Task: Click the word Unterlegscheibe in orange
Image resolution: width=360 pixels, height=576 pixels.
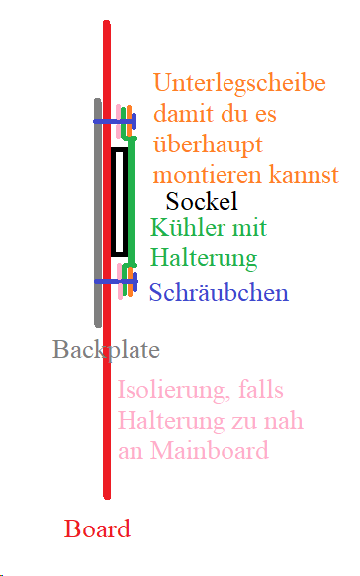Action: click(x=240, y=84)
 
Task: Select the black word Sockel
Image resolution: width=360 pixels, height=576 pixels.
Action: click(x=202, y=203)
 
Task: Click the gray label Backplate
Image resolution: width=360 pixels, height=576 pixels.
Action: click(x=106, y=350)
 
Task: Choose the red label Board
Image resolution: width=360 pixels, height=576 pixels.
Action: click(x=97, y=528)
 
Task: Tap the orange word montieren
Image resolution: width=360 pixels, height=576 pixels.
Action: click(x=211, y=176)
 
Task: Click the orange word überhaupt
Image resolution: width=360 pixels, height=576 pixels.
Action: click(x=208, y=145)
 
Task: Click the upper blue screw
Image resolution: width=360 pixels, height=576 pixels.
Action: click(x=114, y=121)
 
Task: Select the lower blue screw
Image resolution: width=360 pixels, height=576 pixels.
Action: click(x=115, y=281)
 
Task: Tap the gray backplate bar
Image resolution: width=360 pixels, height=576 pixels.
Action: click(x=97, y=213)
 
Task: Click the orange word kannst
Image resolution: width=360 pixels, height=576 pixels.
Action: click(x=305, y=176)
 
